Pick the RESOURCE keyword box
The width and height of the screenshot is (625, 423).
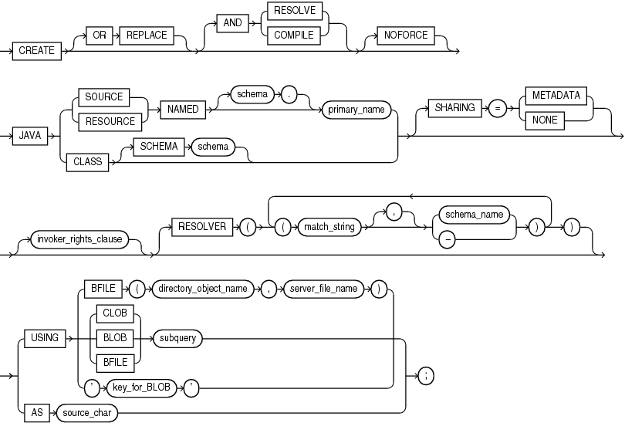point(103,120)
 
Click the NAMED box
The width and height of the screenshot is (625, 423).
point(184,109)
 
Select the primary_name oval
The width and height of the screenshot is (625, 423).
point(356,109)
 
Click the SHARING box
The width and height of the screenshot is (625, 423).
point(455,108)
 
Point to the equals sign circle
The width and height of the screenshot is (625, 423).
point(498,108)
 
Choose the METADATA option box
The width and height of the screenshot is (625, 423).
point(554,96)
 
